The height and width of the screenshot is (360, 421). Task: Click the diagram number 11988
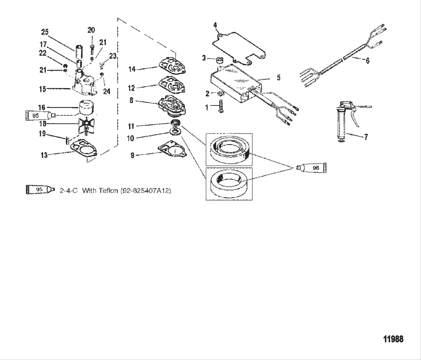click(x=393, y=339)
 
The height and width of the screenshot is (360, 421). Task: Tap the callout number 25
click(x=45, y=32)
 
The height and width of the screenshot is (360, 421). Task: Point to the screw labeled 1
click(x=220, y=106)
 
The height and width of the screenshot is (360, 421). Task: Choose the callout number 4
click(x=215, y=25)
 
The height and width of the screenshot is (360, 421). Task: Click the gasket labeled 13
click(x=83, y=149)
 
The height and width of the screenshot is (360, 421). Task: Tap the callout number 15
click(x=42, y=89)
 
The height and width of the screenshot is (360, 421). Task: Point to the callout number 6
click(x=367, y=60)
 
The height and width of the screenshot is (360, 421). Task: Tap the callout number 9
click(x=132, y=156)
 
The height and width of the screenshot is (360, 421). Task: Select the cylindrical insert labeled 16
click(x=85, y=107)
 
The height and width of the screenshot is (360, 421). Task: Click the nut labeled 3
click(x=220, y=59)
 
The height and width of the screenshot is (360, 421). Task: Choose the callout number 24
click(x=106, y=92)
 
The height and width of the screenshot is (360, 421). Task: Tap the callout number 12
click(x=131, y=88)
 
